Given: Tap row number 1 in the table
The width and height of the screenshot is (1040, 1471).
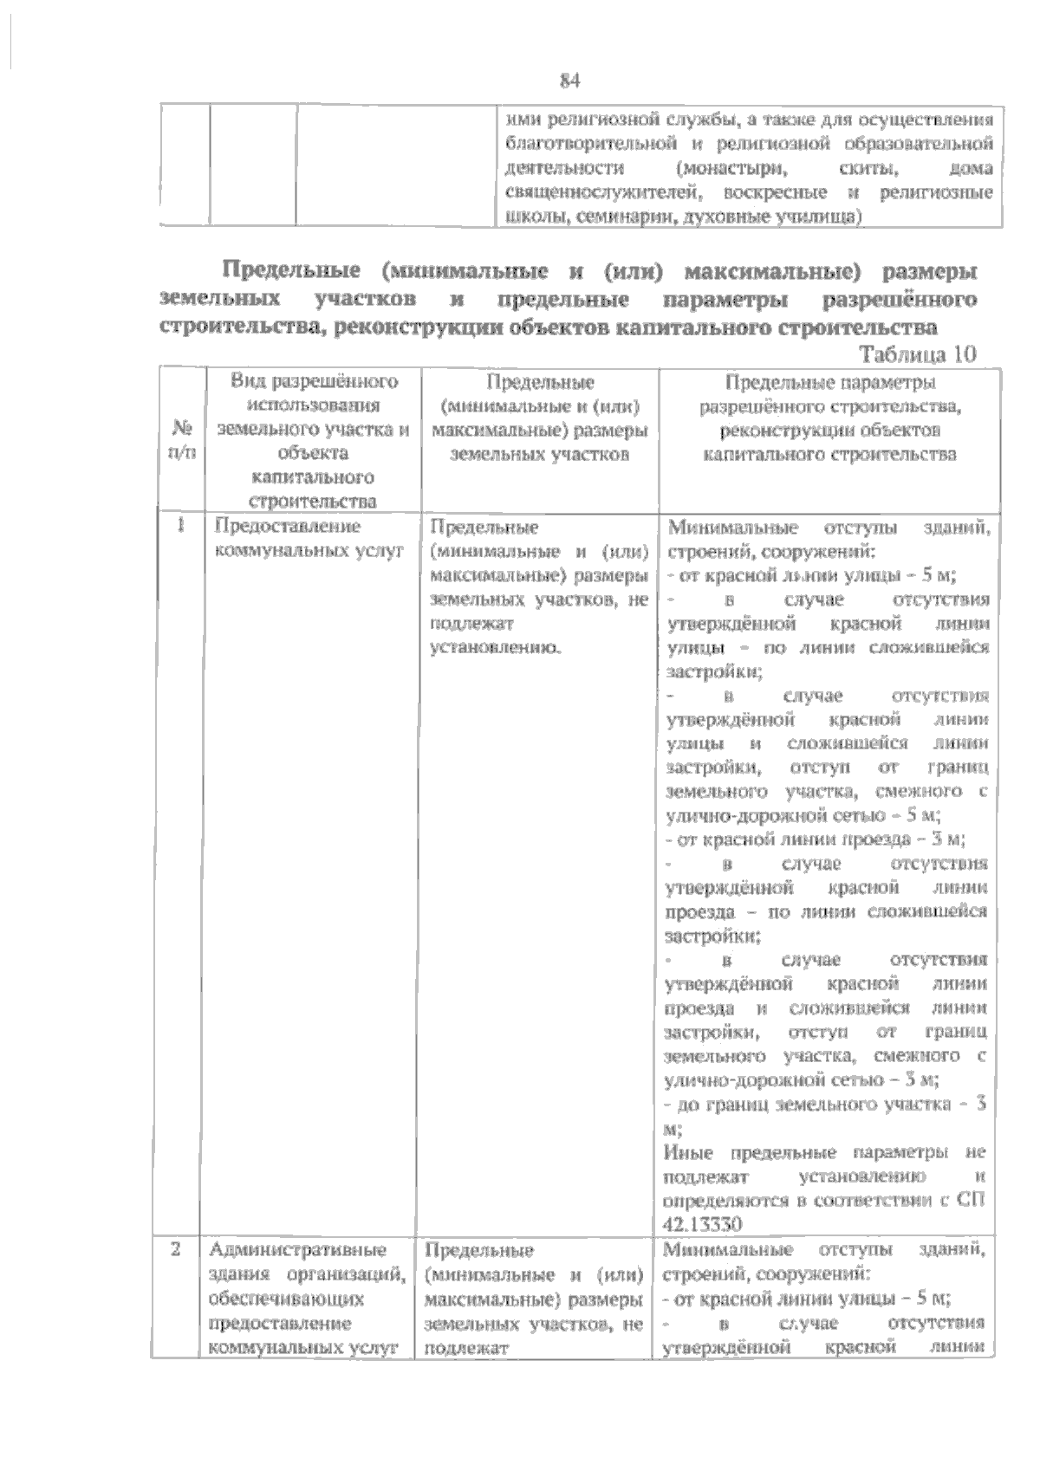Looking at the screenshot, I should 181,526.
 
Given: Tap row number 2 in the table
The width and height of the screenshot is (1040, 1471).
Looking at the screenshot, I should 177,1250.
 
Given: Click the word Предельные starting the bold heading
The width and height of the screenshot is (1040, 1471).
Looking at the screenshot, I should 290,272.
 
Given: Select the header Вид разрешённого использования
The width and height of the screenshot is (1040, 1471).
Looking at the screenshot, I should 313,393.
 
